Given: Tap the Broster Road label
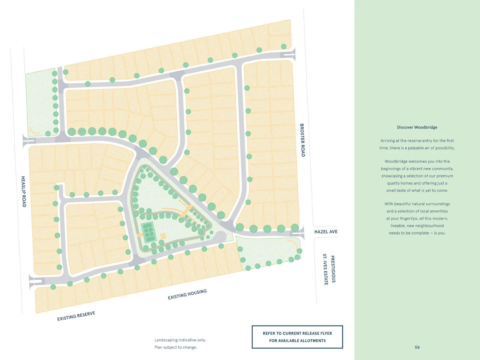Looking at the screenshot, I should (302, 140).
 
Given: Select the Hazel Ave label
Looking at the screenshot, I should (326, 232).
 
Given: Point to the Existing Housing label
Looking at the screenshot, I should (187, 294).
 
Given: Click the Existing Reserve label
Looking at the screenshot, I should (76, 316).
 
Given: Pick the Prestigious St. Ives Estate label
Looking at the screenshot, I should (329, 269).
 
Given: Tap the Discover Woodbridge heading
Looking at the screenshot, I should (417, 127).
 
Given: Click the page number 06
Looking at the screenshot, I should (417, 347).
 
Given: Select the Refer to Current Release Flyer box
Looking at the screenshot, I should (297, 337).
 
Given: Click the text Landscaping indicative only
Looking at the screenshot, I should (180, 340).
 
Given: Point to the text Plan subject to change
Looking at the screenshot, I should (176, 347).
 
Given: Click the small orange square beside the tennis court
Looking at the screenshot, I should (163, 235).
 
